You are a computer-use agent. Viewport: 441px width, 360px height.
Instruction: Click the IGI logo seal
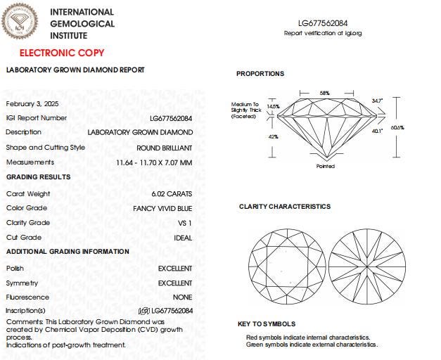(x=20, y=21)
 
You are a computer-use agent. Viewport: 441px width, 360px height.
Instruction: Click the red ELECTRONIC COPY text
(x=62, y=53)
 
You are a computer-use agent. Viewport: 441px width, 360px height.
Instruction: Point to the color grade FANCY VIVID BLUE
(x=162, y=208)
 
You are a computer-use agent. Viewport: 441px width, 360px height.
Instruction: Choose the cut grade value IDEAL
(x=183, y=238)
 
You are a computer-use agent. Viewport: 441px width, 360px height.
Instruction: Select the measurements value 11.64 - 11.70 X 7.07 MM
(x=154, y=162)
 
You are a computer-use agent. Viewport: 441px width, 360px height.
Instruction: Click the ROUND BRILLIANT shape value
(x=165, y=148)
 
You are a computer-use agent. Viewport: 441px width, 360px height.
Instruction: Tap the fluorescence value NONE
(x=183, y=297)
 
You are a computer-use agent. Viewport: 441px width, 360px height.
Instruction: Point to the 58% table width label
(x=324, y=93)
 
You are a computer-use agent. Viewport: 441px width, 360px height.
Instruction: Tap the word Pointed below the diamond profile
(x=325, y=167)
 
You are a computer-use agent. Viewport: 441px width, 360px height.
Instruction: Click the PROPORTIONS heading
(x=260, y=74)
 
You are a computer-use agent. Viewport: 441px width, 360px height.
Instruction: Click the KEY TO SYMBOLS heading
(x=267, y=324)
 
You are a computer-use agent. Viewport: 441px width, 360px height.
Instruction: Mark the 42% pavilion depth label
(x=274, y=136)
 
